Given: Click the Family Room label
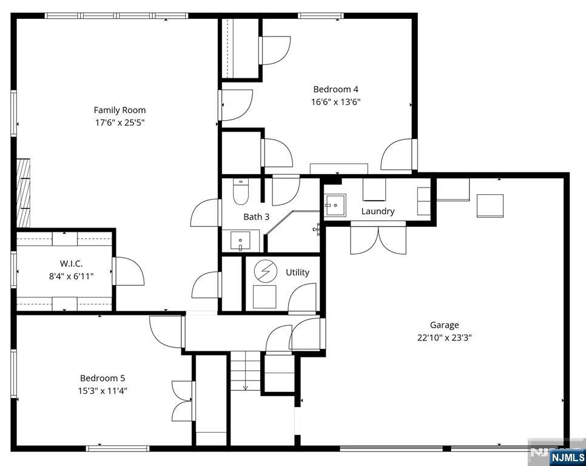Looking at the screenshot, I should (x=120, y=110).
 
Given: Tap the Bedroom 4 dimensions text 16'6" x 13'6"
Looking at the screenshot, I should (x=335, y=102).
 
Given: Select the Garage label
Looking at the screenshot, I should (x=444, y=325).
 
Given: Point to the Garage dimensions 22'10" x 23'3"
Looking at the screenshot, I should (x=444, y=337).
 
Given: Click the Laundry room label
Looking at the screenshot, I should (x=378, y=211).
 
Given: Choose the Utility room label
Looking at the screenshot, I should (x=297, y=272).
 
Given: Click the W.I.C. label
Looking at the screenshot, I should (x=71, y=263).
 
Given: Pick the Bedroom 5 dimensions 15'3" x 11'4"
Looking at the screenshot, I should (x=102, y=390).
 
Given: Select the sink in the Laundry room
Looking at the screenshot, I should (x=334, y=205).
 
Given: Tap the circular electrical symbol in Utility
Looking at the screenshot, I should (x=264, y=271).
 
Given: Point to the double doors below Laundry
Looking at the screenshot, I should (x=378, y=240).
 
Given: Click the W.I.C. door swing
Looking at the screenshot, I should (x=129, y=271).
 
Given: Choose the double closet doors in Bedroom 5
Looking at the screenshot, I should (x=183, y=400).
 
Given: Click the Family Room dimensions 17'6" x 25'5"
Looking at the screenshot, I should (x=120, y=123).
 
